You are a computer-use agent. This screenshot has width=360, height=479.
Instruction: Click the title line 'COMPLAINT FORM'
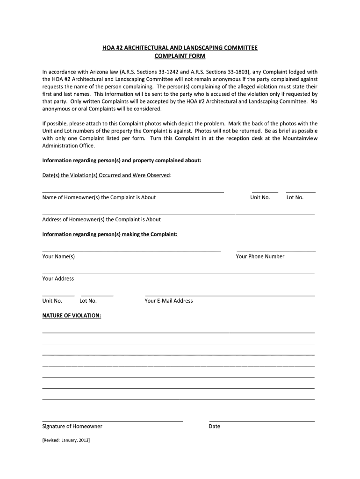click(180, 56)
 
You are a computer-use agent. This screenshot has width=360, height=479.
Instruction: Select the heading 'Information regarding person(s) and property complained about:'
click(122, 160)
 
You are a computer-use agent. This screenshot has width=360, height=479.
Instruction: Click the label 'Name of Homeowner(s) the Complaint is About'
click(99, 197)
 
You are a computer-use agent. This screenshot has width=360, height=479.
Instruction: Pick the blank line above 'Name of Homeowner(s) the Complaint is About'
click(133, 192)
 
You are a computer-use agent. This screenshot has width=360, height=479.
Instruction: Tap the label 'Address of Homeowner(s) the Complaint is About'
click(101, 219)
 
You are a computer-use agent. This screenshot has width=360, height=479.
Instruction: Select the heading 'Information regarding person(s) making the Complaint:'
click(110, 234)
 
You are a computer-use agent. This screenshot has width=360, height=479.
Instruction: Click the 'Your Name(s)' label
click(58, 256)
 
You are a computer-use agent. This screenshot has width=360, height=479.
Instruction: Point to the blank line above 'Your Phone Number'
click(276, 252)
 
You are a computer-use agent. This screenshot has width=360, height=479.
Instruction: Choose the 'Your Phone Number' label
click(260, 256)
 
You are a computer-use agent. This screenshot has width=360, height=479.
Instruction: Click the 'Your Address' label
click(58, 279)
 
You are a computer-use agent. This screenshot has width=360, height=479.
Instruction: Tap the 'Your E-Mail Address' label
click(169, 301)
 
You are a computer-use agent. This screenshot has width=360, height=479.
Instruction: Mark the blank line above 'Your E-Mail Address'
click(230, 296)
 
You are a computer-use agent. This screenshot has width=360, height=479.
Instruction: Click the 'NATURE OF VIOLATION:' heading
click(72, 316)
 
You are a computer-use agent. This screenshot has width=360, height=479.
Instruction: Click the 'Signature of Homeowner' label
click(72, 427)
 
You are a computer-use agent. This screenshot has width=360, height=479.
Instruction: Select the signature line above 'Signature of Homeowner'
click(112, 421)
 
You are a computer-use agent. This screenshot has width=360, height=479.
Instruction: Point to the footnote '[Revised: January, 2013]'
click(66, 441)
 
